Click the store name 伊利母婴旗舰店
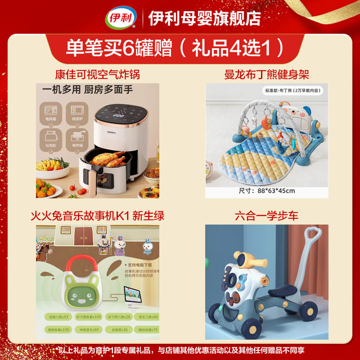tap(204, 18)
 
